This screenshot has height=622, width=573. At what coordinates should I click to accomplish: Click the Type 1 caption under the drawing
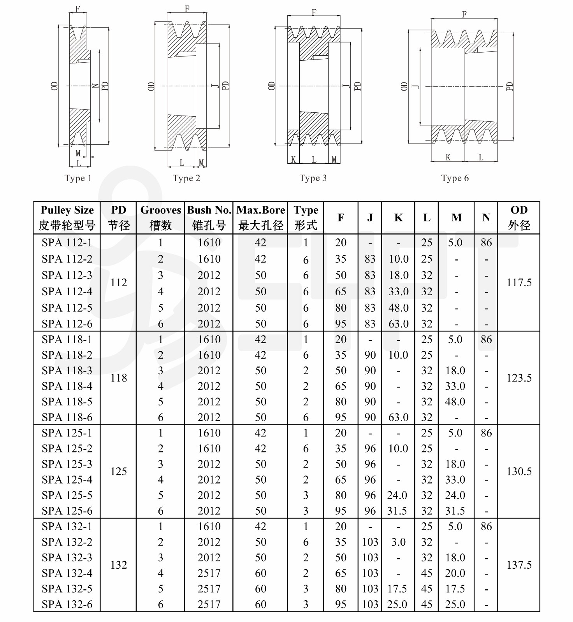(x=78, y=178)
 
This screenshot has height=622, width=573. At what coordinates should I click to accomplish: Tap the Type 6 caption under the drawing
(x=455, y=178)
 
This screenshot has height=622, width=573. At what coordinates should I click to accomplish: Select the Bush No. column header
(x=209, y=217)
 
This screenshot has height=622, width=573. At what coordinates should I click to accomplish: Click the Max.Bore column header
(x=260, y=217)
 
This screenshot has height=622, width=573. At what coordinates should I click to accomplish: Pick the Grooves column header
(x=160, y=217)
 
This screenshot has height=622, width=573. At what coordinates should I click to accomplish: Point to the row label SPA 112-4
(x=67, y=291)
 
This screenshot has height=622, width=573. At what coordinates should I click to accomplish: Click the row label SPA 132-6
(x=67, y=604)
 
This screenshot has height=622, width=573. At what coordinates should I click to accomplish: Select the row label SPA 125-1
(x=67, y=433)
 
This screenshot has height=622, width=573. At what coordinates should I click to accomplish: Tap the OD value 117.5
(x=519, y=283)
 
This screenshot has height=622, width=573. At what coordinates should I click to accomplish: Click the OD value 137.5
(x=519, y=565)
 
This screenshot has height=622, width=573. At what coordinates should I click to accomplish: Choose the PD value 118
(x=119, y=378)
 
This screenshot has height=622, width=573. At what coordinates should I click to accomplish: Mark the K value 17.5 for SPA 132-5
(x=397, y=589)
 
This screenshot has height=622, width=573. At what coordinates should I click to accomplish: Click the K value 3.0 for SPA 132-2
(x=398, y=542)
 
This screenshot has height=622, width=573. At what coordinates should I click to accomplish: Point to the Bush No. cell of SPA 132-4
(x=209, y=573)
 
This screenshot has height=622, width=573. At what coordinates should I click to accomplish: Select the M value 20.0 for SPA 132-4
(x=455, y=573)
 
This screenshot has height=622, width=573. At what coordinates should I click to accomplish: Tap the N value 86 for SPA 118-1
(x=486, y=340)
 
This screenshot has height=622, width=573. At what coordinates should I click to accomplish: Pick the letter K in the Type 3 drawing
(x=293, y=159)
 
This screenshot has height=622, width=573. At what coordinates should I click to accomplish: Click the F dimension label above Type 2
(x=187, y=9)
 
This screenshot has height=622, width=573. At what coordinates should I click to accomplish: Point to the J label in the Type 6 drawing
(x=416, y=86)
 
